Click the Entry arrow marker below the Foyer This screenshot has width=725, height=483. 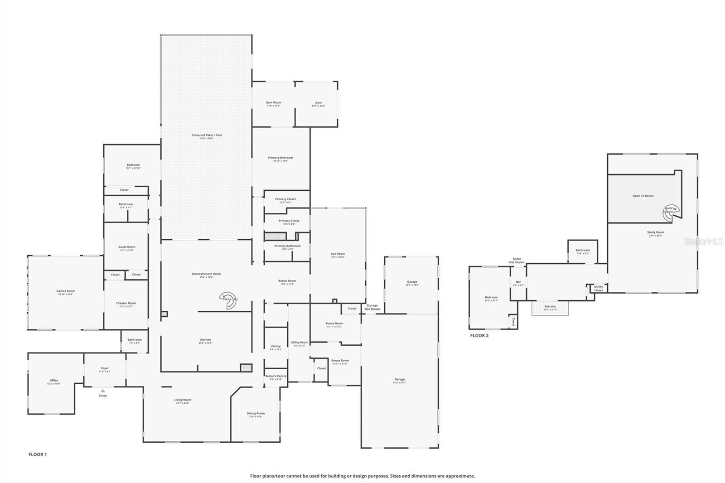[x=103, y=390]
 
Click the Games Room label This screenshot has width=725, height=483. [x=66, y=291]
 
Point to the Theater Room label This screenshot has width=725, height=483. [x=126, y=304]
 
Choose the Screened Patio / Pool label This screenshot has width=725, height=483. [x=207, y=135]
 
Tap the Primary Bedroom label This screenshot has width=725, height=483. [x=280, y=158]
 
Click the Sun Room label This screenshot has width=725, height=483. [x=338, y=254]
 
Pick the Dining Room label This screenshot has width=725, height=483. [x=256, y=414]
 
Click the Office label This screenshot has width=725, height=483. [x=53, y=381]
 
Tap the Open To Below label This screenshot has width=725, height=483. [x=643, y=196]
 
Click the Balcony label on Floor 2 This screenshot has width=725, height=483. [x=550, y=307]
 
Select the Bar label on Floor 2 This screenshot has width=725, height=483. [x=518, y=282]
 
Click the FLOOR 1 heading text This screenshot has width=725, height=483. [x=38, y=454]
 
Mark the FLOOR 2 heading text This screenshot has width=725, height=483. [x=479, y=336]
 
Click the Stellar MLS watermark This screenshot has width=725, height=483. [x=704, y=241]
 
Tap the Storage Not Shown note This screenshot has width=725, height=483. [x=372, y=307]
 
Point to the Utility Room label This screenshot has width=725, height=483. [x=300, y=343]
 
